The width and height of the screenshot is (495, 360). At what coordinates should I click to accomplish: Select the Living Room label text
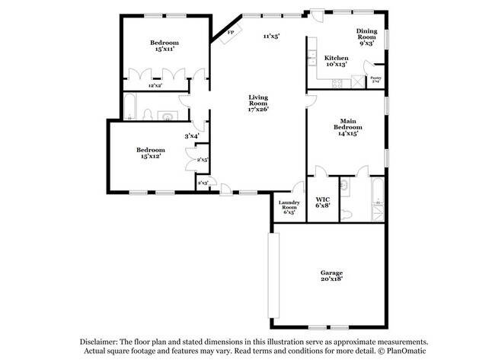coord(259,102)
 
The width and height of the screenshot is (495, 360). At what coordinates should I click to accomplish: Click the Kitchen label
coord(336,61)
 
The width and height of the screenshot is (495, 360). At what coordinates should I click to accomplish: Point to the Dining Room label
coord(366,34)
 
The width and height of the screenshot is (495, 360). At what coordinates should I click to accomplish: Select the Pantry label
coord(375,79)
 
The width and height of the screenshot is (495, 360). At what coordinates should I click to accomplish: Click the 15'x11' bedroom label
coord(163,45)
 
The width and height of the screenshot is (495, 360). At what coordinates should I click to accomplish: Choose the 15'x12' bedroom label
coord(150,153)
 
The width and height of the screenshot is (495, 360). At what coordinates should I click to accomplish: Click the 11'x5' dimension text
coord(271,36)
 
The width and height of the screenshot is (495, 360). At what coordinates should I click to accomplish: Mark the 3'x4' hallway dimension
coord(191,135)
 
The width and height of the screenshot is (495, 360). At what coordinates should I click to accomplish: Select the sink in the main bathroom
coord(345,184)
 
